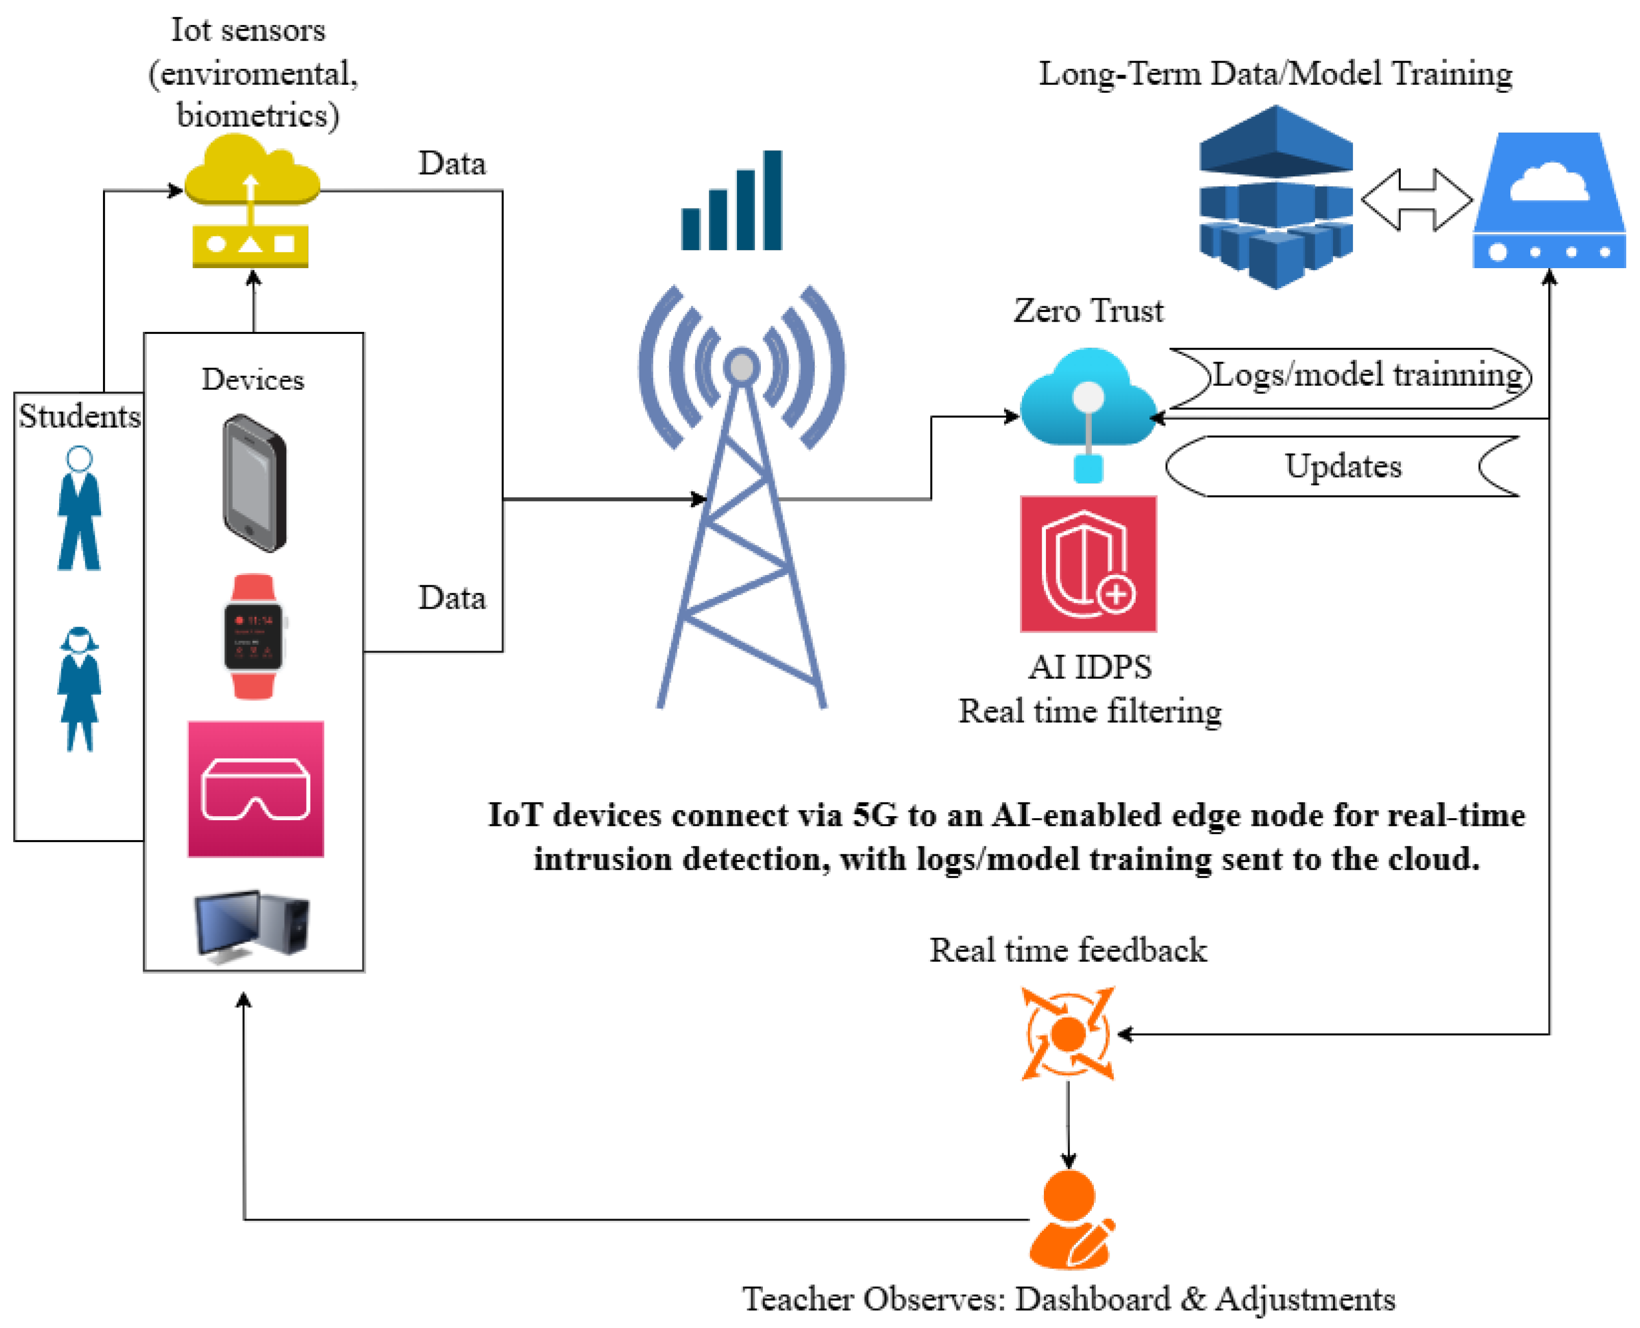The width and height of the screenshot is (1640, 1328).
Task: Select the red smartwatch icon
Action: pos(253,636)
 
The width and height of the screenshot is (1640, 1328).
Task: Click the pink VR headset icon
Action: pos(255,789)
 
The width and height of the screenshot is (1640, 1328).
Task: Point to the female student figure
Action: pos(79,689)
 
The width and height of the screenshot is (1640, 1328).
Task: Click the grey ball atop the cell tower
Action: pos(741,367)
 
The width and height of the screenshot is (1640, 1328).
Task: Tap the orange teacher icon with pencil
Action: pos(1070,1220)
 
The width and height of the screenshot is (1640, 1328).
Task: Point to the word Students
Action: pos(80,416)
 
